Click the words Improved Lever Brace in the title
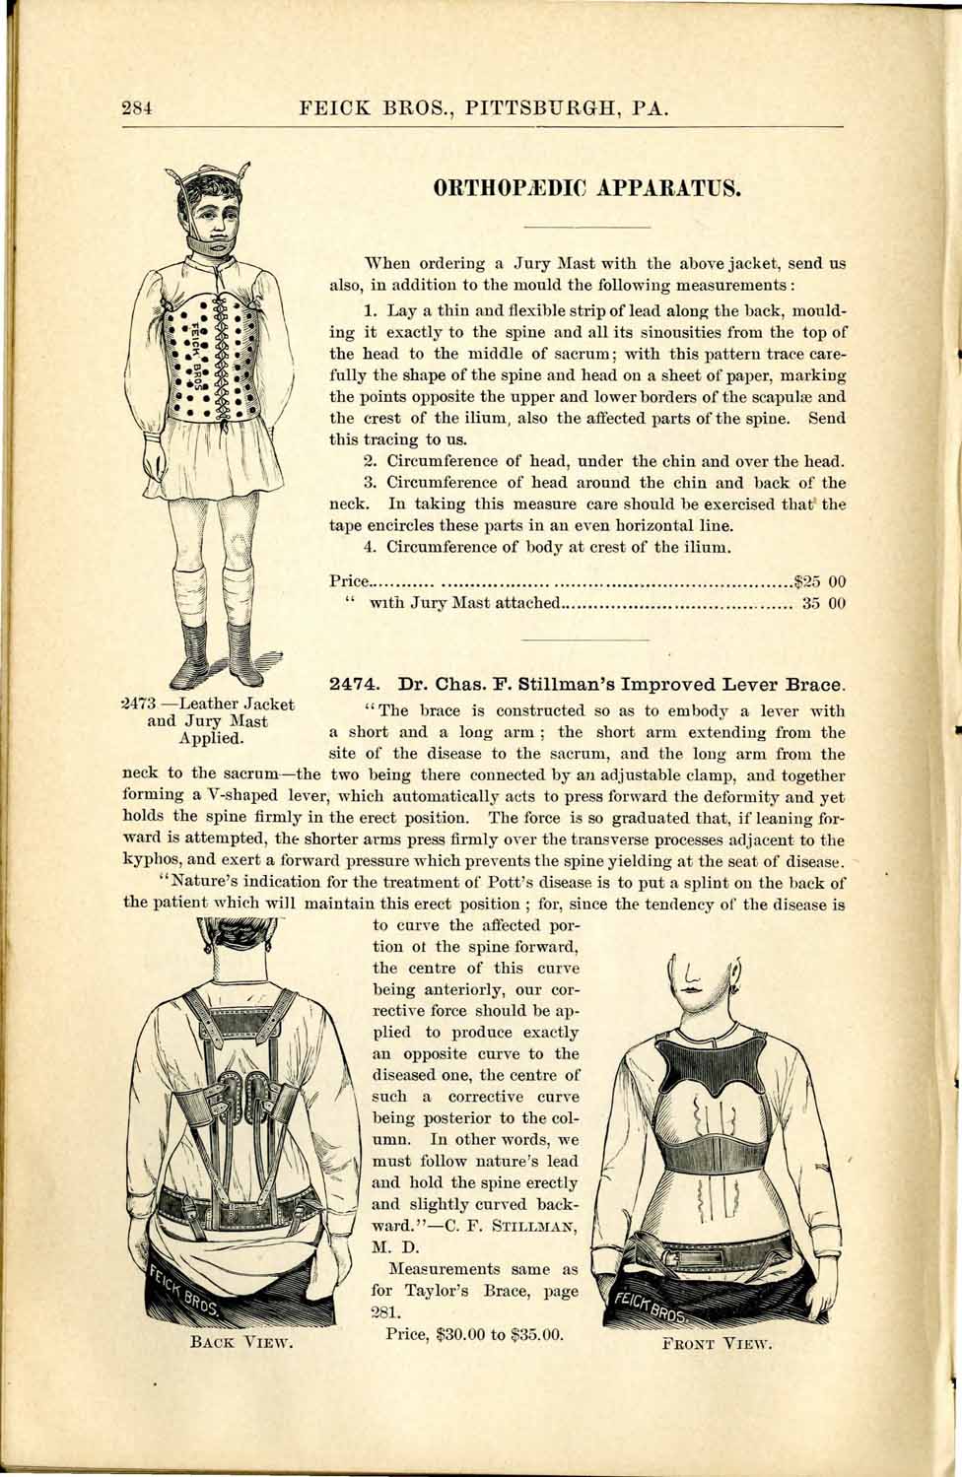coord(732,682)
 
